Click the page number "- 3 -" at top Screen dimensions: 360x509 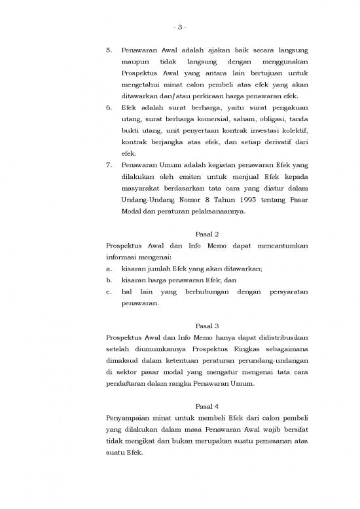coord(179,27)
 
